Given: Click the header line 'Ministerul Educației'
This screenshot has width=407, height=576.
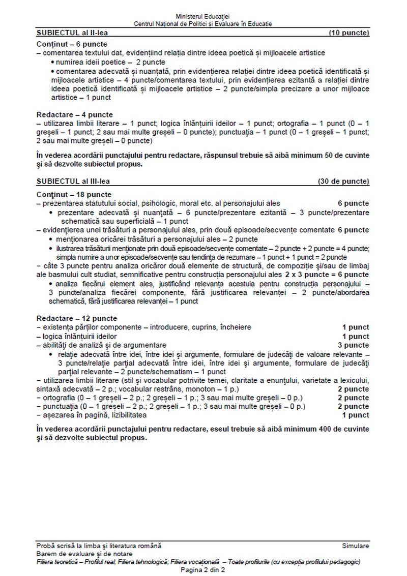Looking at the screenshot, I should click(202, 17).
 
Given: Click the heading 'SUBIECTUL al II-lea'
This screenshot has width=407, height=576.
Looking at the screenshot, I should click(69, 33).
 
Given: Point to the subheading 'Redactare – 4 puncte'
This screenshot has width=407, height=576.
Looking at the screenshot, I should click(75, 114).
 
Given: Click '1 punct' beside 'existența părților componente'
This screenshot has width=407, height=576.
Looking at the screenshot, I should click(356, 327).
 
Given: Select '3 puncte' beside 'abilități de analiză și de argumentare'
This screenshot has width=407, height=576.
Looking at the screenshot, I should click(354, 345).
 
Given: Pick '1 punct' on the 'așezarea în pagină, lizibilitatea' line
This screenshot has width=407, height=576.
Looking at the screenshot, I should click(356, 415).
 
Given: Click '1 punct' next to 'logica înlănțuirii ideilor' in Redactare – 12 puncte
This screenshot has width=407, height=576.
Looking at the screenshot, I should click(356, 336).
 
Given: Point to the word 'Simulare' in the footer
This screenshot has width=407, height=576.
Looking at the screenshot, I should click(356, 545).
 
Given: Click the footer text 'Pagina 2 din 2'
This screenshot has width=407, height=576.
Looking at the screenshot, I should click(202, 570).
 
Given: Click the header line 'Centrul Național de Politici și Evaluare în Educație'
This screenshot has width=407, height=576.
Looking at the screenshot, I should click(202, 24).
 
